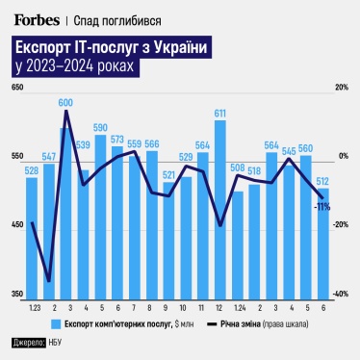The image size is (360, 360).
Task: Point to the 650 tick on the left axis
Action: point(16,89)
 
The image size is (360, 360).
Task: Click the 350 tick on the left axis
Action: point(16,294)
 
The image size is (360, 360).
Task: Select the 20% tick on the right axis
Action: point(340,89)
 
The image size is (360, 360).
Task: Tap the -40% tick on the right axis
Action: point(339,294)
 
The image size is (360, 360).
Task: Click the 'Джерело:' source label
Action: point(28,345)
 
